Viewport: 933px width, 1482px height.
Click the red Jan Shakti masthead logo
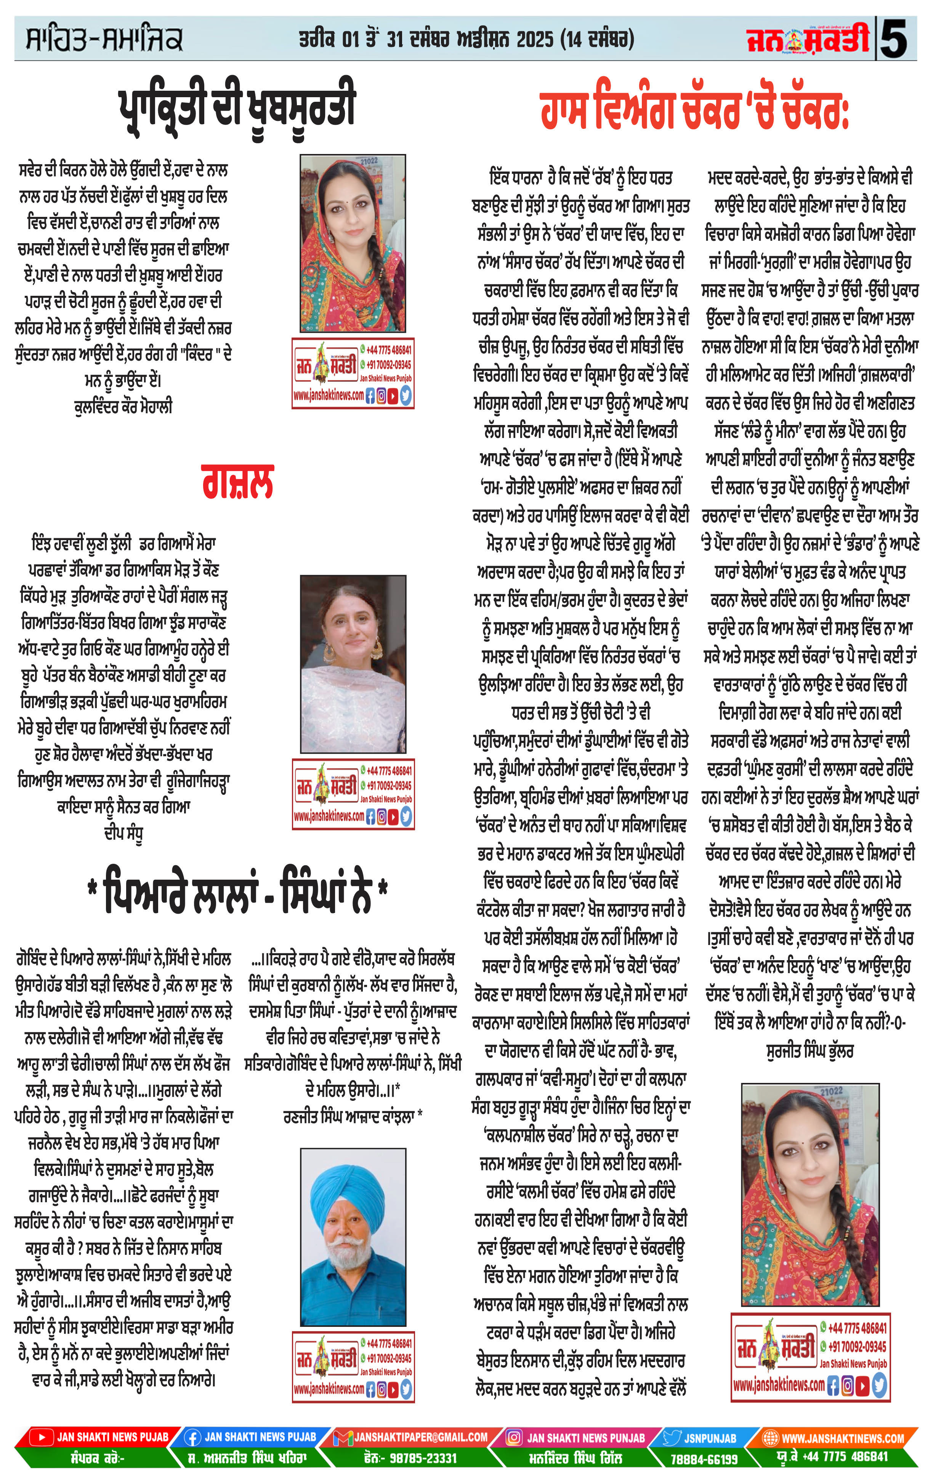point(808,38)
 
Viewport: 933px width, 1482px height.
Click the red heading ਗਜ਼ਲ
point(237,482)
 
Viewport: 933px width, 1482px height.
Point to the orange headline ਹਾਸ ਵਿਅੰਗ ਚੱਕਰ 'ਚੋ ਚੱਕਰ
point(694,111)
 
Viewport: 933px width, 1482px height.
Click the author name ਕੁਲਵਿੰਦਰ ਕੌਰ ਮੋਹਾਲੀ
point(123,407)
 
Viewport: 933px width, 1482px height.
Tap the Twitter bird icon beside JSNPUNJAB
point(672,1438)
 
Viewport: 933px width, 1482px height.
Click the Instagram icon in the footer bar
point(514,1438)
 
